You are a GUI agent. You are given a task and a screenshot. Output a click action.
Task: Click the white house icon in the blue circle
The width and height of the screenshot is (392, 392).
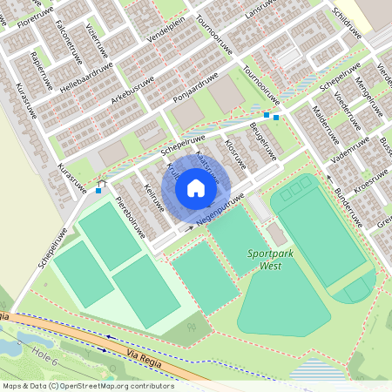[196, 187]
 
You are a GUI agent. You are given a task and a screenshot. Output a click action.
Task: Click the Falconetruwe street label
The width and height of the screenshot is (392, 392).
[66, 42]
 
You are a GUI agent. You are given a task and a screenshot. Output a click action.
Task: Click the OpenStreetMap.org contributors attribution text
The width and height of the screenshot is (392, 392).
[122, 385]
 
